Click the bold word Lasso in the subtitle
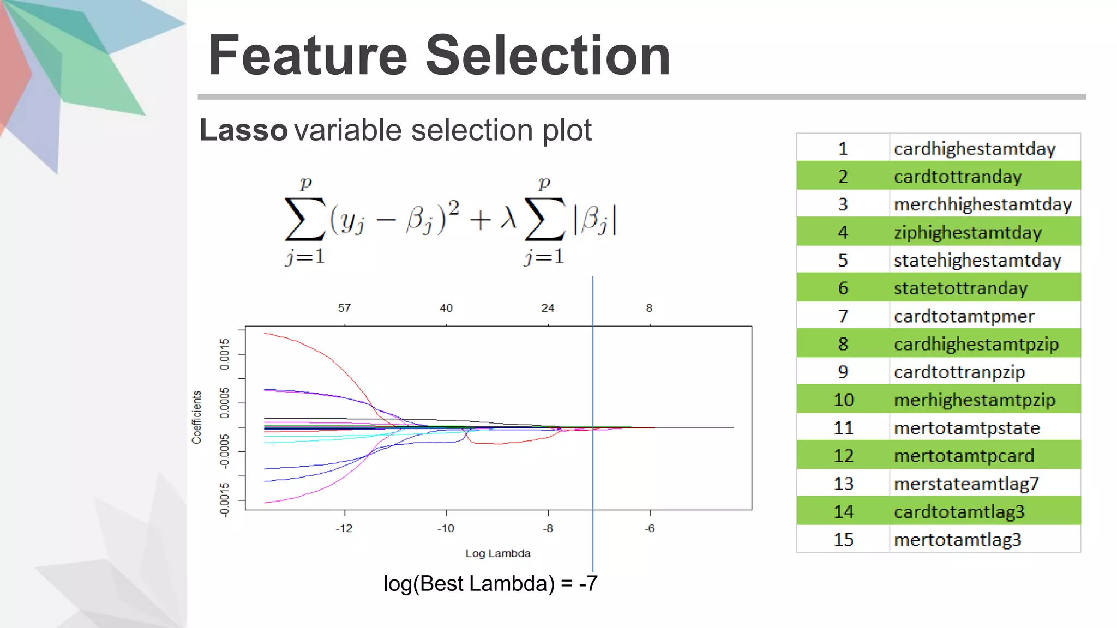pos(243,130)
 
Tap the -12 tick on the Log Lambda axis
pos(344,528)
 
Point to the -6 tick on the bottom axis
pos(649,528)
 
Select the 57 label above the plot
pos(344,308)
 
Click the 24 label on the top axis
pos(548,308)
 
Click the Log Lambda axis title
pos(497,553)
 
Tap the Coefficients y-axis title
pos(197,417)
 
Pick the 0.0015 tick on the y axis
pos(225,354)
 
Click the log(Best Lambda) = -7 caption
pos(490,584)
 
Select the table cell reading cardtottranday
pos(958,177)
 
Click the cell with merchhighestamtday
pos(983,204)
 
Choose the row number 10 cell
pos(843,400)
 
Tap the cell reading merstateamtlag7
pos(966,484)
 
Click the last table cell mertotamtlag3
pos(957,540)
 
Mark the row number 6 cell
pos(843,288)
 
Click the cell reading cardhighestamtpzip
pos(976,344)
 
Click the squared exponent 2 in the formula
pos(454,207)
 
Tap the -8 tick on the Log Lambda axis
pos(548,528)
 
